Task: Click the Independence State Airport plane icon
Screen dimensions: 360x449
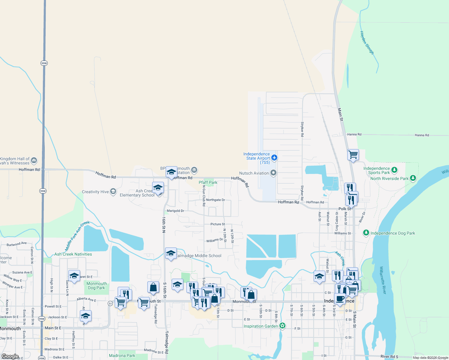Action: pos(274,157)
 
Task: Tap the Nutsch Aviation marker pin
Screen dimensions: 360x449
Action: pos(273,173)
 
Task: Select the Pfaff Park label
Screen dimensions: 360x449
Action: pos(208,182)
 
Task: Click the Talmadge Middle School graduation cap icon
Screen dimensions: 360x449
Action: pos(171,253)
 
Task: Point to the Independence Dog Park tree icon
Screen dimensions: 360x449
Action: pos(366,233)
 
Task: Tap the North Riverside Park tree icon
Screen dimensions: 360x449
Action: pos(413,178)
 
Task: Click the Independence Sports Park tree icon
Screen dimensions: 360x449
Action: pos(394,170)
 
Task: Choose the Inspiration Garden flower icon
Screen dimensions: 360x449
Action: pos(282,326)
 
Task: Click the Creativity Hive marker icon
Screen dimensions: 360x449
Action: pos(113,191)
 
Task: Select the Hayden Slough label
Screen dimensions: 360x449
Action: pos(367,43)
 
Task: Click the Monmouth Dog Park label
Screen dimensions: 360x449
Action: pos(97,286)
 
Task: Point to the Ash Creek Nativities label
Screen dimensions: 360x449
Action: pos(73,254)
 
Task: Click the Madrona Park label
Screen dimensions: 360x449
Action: pos(122,355)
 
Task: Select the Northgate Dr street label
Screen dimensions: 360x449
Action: pos(215,200)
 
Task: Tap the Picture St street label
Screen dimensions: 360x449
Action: pos(218,224)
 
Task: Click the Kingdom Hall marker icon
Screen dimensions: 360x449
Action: pos(34,160)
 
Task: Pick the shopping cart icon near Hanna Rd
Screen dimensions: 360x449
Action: pos(353,155)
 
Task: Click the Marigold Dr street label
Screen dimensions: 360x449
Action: pos(175,211)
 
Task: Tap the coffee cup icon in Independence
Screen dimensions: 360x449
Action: pos(340,299)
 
